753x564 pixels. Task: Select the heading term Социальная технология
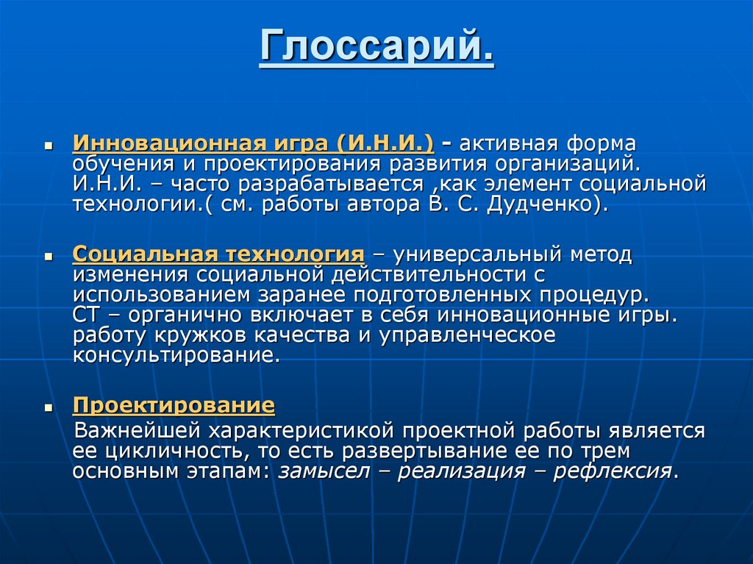click(218, 254)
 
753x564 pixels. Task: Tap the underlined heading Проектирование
click(174, 404)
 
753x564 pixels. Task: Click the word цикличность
click(173, 450)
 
